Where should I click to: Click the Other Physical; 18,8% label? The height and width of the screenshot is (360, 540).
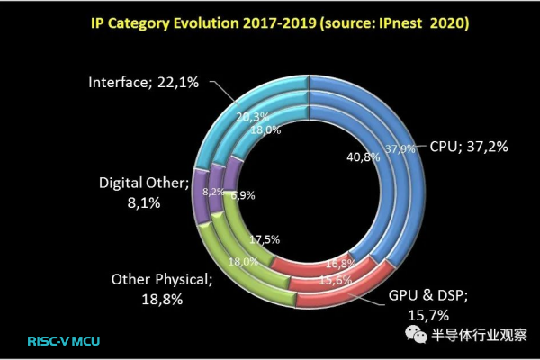coord(163,288)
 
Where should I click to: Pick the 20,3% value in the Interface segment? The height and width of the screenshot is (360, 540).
coord(253,114)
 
